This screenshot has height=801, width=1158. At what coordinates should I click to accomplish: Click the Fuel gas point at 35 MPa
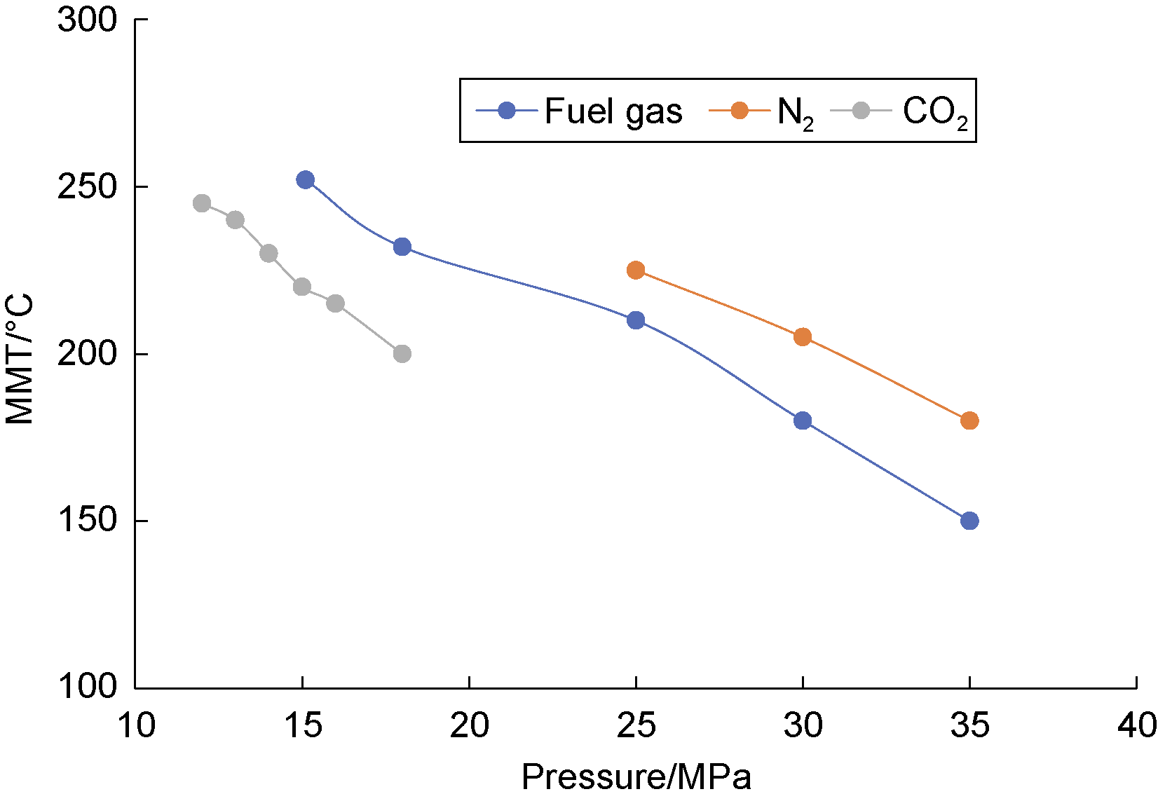click(969, 521)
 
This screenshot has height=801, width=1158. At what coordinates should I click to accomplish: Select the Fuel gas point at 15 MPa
click(305, 180)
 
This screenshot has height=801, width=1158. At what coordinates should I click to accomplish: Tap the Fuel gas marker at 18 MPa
click(402, 247)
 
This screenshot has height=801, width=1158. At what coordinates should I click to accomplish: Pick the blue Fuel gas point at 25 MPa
click(636, 320)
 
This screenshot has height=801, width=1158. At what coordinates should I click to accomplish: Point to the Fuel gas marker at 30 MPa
click(803, 420)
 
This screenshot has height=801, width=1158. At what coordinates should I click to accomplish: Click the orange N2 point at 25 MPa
click(636, 271)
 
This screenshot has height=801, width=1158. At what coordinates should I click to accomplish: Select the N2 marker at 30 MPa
click(803, 337)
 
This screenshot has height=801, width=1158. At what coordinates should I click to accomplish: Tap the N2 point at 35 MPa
click(969, 420)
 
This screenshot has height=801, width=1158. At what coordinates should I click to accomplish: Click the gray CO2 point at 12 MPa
click(202, 203)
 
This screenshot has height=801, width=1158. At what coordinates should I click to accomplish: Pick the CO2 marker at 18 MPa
click(402, 354)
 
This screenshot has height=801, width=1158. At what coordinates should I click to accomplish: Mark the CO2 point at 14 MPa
click(268, 254)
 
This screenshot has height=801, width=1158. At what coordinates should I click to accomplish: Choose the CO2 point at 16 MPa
click(335, 303)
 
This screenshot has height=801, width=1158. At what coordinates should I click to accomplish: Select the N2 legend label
click(795, 112)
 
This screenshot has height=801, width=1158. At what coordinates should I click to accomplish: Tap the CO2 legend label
click(934, 112)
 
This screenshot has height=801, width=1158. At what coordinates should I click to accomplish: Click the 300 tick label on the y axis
click(87, 20)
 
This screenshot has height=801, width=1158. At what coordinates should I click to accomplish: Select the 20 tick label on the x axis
click(469, 726)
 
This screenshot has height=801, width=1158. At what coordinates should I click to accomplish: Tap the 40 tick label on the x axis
click(1136, 726)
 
